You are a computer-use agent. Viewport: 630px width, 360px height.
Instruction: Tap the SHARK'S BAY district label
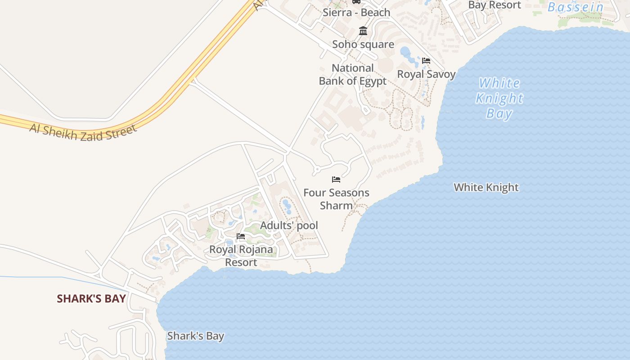pos(91,299)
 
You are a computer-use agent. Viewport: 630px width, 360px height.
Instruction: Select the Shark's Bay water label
pos(195,336)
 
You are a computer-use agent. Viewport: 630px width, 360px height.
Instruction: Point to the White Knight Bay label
pos(499,98)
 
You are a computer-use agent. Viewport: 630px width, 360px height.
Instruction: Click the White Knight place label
pos(486,187)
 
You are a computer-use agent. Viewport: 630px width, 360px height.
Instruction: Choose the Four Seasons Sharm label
pos(336,199)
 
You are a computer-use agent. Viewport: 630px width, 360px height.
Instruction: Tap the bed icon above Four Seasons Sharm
pos(336,180)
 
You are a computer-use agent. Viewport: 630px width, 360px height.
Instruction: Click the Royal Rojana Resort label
pos(241,256)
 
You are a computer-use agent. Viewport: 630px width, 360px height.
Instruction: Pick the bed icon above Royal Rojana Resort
pos(241,236)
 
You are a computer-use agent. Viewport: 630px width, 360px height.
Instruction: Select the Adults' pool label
pos(289,225)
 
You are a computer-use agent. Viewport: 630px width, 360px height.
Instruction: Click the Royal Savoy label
pos(426,74)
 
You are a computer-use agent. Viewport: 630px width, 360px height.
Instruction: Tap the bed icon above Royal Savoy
pos(426,60)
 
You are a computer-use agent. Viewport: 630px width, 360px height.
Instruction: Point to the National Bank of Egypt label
pos(353,74)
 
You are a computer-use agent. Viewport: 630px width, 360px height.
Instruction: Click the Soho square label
pos(363,44)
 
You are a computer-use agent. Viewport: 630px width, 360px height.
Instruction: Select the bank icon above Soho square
pos(363,31)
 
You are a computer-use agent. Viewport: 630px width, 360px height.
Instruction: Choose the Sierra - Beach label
pos(356,13)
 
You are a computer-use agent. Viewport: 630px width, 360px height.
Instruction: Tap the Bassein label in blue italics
pos(576,7)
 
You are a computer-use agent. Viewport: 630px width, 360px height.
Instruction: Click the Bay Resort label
pos(495,5)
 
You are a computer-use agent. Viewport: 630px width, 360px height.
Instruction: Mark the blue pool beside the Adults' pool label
pos(287,207)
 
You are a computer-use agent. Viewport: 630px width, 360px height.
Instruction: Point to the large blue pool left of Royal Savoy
pos(406,53)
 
